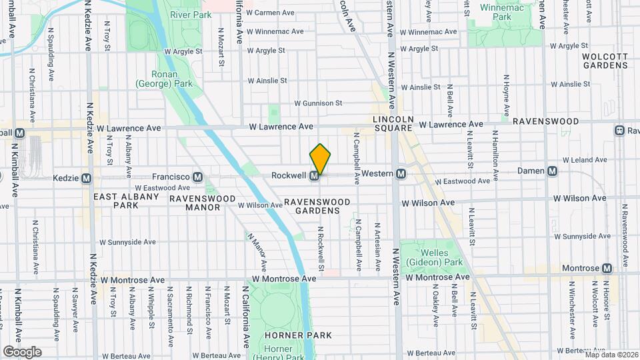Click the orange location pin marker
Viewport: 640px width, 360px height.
[320, 159]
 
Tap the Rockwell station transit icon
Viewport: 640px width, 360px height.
[314, 176]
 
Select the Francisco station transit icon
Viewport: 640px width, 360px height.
[197, 177]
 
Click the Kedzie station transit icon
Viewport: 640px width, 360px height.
[86, 179]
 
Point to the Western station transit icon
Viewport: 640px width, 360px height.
[401, 174]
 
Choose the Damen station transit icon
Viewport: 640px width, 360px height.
[552, 171]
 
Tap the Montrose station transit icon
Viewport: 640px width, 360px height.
[607, 268]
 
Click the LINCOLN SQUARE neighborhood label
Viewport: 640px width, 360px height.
[393, 123]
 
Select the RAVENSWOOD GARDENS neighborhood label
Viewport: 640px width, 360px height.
[312, 206]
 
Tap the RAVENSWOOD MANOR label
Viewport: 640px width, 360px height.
[202, 203]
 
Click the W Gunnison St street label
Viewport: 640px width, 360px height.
[319, 103]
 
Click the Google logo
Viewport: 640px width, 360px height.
[22, 351]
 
